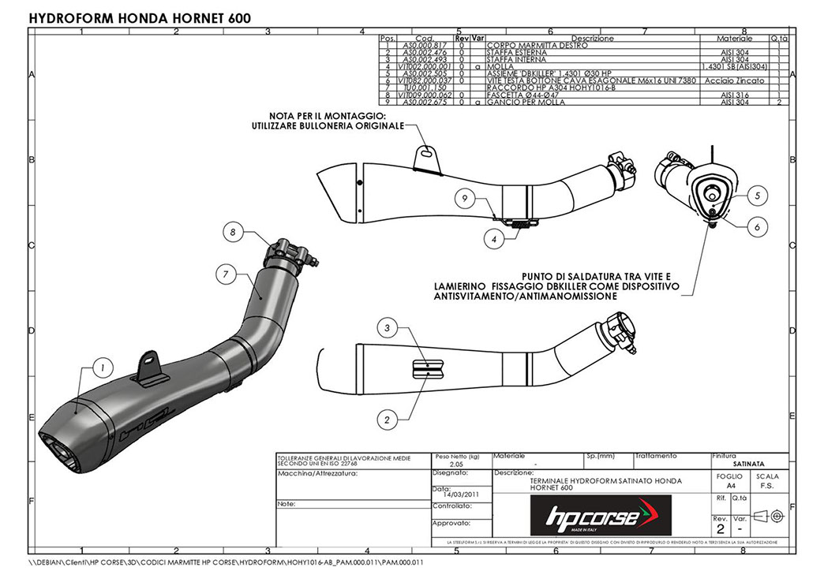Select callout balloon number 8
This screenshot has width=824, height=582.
point(233,232)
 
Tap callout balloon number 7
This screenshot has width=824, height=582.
point(226,274)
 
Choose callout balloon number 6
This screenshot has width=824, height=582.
point(756,227)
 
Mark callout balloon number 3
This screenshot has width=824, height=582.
point(387,327)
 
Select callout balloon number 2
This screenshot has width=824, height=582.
point(387,420)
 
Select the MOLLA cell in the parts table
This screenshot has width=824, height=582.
point(499,67)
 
